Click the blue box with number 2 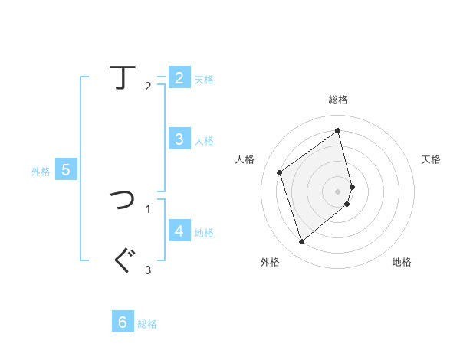pos(179,78)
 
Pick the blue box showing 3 pos(179,139)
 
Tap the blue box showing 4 pos(179,231)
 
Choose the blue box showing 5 pos(65,170)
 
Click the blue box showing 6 pos(123,322)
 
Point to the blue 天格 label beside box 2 pos(204,80)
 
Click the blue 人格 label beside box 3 pos(204,141)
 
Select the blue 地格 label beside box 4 pos(204,233)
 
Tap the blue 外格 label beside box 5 pos(41,172)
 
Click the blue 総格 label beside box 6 pos(147,324)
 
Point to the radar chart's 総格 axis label pos(338,100)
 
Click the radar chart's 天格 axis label pos(432,159)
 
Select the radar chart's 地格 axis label pos(402,262)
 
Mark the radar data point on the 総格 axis pos(338,130)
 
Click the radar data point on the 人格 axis pos(280,172)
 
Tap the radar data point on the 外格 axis pos(301,242)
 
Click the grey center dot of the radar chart pos(338,191)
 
